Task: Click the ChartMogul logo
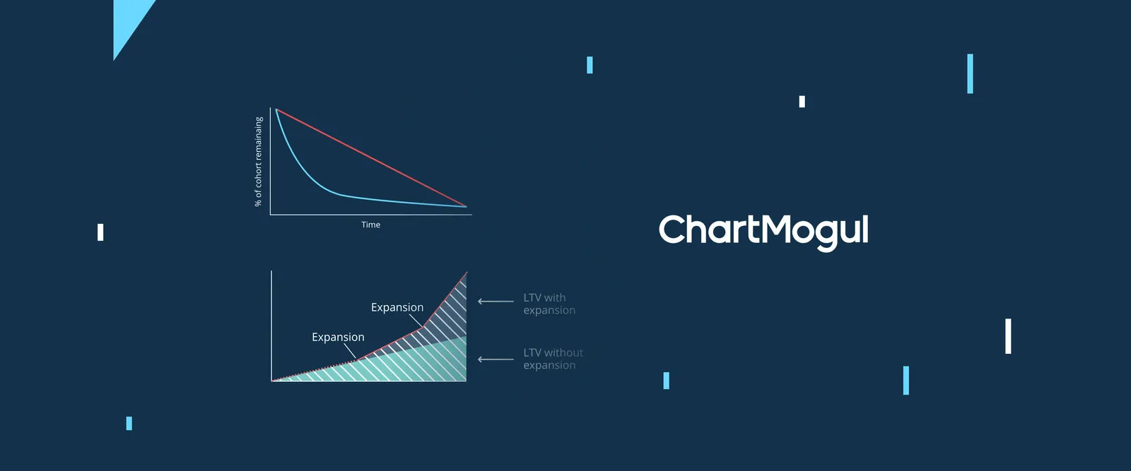tap(763, 232)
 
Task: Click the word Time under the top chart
tap(370, 225)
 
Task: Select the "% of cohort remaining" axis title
tap(259, 162)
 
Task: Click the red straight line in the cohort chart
tap(371, 157)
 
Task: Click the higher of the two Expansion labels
tap(397, 307)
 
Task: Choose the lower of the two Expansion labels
tap(338, 337)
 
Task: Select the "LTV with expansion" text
tap(549, 304)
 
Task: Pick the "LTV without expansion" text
tap(553, 359)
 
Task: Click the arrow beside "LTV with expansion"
tap(496, 302)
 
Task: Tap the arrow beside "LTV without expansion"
tap(496, 359)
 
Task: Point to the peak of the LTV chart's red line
tap(467, 273)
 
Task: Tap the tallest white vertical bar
tap(1008, 336)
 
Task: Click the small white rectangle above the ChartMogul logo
tap(802, 102)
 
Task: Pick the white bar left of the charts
tap(100, 232)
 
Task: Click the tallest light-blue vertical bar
tap(970, 73)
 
